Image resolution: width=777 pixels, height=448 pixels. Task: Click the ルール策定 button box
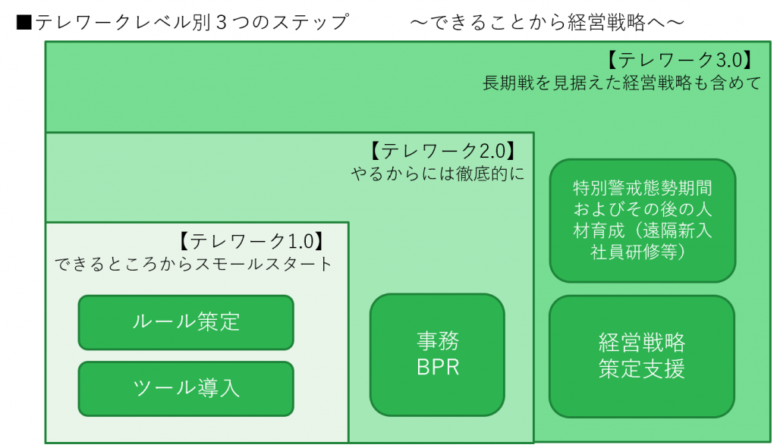click(186, 322)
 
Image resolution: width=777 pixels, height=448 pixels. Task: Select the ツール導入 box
click(186, 389)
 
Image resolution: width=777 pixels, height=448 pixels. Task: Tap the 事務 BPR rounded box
click(437, 355)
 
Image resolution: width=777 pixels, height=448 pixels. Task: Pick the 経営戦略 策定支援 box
click(642, 356)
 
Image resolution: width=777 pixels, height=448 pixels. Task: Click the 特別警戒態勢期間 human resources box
click(642, 221)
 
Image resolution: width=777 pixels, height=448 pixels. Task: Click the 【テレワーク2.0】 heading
click(443, 151)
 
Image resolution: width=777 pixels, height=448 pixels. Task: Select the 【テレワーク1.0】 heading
click(251, 241)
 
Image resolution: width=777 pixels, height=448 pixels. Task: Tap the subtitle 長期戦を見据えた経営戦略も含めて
click(621, 83)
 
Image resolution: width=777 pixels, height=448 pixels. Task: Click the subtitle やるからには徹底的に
click(438, 174)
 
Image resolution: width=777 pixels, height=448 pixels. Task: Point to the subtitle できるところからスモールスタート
click(193, 264)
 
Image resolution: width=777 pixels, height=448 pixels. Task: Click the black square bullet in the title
click(24, 22)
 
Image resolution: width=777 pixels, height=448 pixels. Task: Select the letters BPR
click(438, 368)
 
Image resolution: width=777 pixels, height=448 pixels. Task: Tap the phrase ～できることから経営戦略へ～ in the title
click(547, 22)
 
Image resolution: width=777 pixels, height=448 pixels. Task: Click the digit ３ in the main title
click(222, 22)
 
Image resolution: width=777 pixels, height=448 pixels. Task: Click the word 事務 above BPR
click(438, 341)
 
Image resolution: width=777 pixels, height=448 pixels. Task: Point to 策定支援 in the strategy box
click(642, 369)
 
